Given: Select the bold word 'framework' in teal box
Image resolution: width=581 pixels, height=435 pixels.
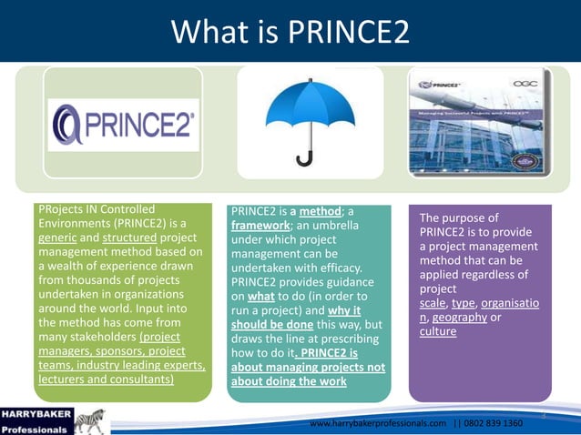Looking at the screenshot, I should [260, 226].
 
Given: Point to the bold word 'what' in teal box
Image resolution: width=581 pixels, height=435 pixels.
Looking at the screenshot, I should [260, 297].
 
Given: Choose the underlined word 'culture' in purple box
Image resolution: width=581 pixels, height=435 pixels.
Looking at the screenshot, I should [438, 331].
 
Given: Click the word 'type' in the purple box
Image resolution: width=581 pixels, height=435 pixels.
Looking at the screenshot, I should [464, 302].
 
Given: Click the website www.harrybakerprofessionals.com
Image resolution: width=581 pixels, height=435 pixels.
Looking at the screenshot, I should [378, 423].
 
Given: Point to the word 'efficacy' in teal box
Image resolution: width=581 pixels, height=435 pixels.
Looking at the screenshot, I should [336, 268].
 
